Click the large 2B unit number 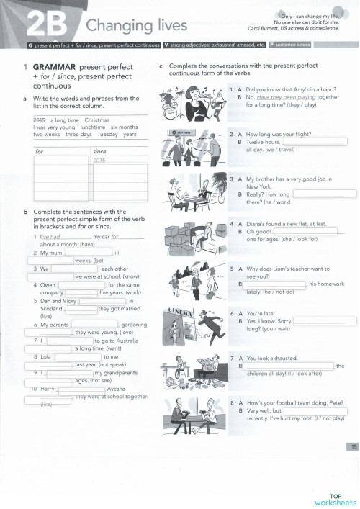tap(48, 27)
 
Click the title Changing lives tap(136, 26)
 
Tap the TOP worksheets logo tap(334, 499)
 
